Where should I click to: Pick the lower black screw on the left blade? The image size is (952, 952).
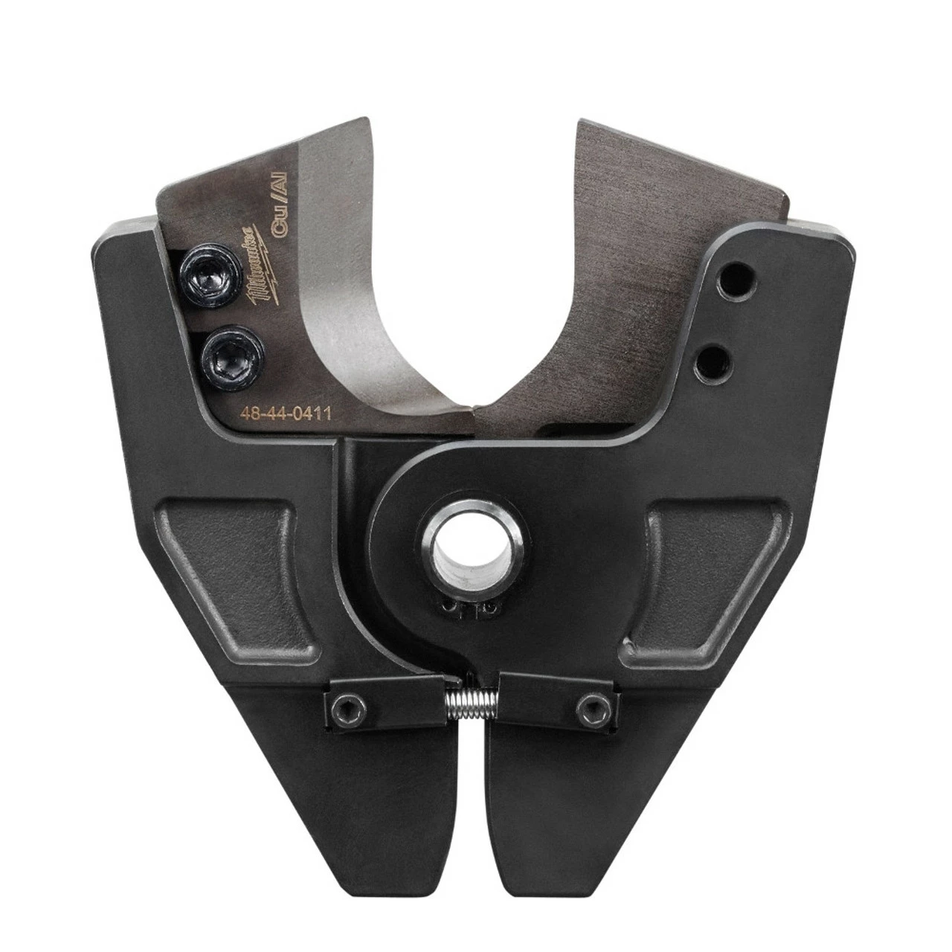tap(221, 348)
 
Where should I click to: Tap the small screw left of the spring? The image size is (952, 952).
tap(344, 703)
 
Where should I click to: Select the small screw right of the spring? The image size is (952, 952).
tap(593, 703)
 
